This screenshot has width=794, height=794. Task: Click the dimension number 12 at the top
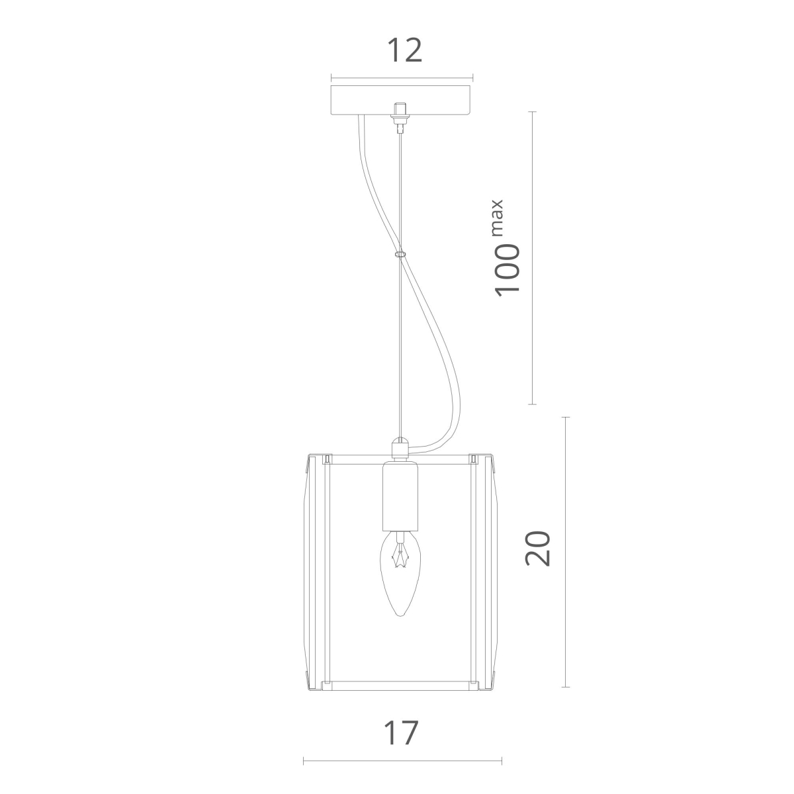pyautogui.click(x=405, y=50)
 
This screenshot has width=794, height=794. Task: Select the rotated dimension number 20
pyautogui.click(x=538, y=548)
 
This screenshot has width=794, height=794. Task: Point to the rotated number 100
pyautogui.click(x=507, y=271)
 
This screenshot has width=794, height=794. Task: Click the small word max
pyautogui.click(x=498, y=218)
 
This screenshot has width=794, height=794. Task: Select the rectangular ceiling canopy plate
pyautogui.click(x=402, y=100)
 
